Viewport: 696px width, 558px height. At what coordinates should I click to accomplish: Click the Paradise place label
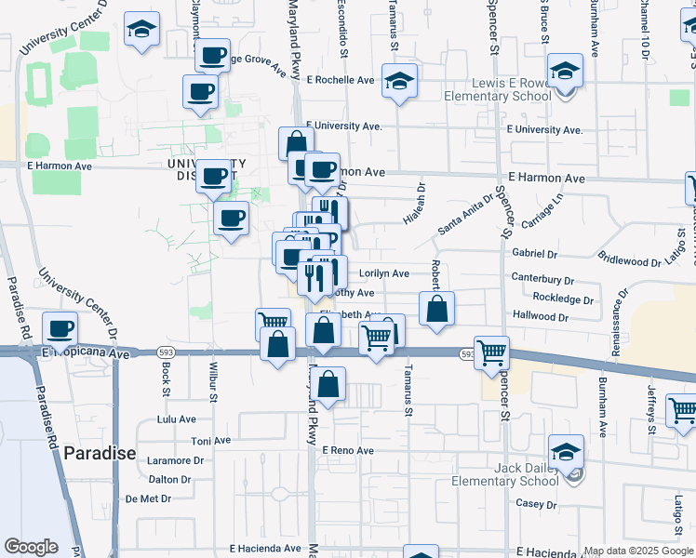[x=100, y=454]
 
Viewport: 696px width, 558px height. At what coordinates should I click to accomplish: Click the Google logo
[x=31, y=547]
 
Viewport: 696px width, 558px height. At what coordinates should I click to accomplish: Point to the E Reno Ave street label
[x=347, y=450]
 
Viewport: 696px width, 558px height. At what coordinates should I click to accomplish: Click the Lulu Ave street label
[x=177, y=419]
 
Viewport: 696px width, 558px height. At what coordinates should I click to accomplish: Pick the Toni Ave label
[x=209, y=441]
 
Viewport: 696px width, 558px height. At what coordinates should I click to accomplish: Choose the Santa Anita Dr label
[x=465, y=215]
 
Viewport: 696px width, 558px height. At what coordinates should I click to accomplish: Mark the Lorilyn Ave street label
[x=383, y=273]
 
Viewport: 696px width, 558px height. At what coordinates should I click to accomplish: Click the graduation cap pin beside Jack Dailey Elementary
[x=566, y=453]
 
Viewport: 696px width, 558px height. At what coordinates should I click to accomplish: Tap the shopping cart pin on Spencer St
[x=491, y=352]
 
